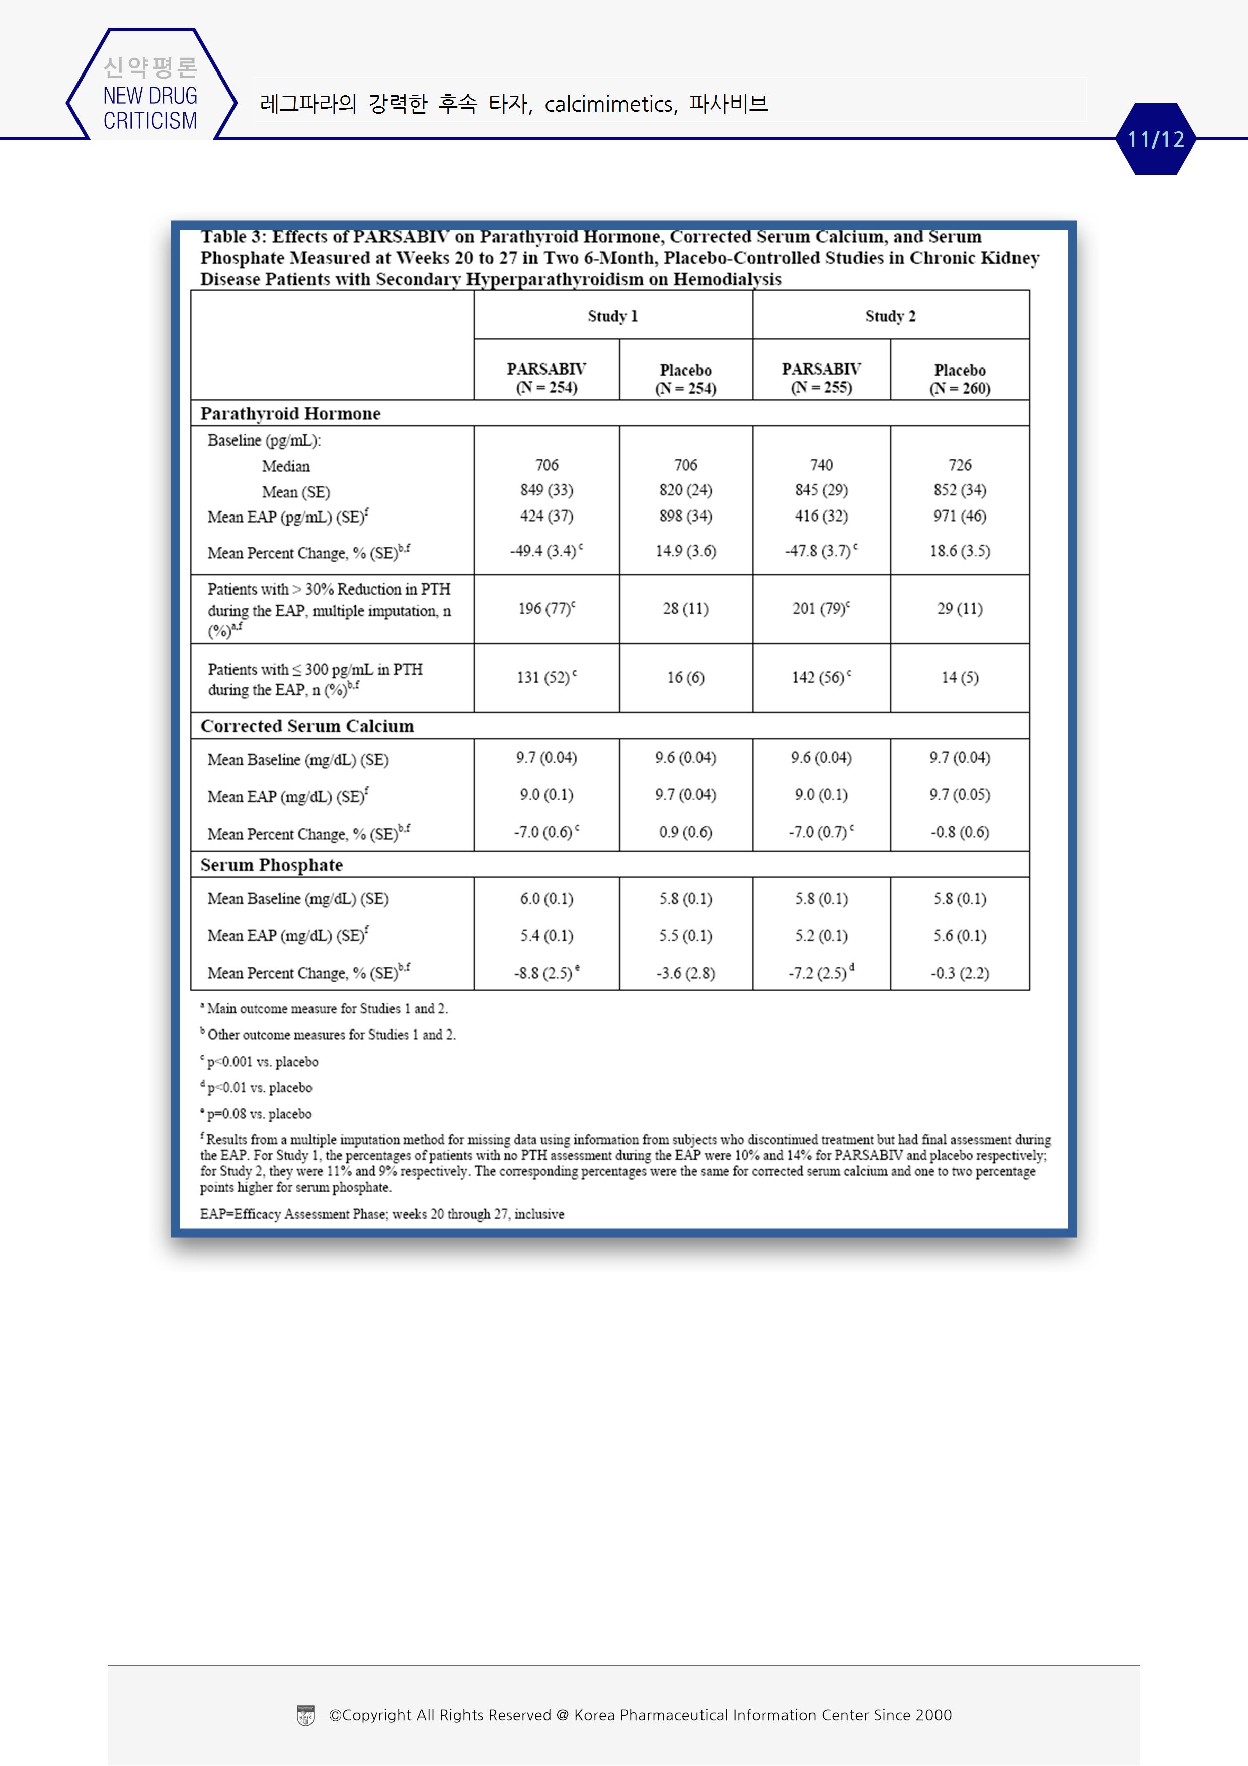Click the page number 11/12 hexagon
pos(1155,139)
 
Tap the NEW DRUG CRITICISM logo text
pos(150,108)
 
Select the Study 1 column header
pos(613,316)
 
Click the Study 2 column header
pos(890,316)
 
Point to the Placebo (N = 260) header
pos(960,379)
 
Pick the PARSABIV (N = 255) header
pos(821,379)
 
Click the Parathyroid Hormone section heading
pos(291,414)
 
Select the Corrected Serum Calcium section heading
pos(307,726)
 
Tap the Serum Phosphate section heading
pos(271,865)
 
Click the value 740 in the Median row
pos(821,465)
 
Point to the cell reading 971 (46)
pos(960,516)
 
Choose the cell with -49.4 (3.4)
pos(546,551)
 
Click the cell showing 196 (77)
pos(546,609)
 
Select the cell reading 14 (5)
pos(960,677)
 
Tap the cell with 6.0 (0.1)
pos(546,899)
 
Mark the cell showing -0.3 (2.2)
pos(960,973)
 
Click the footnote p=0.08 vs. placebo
pos(258,1114)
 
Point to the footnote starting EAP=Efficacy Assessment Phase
pos(382,1214)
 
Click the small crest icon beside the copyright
pos(305,1715)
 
